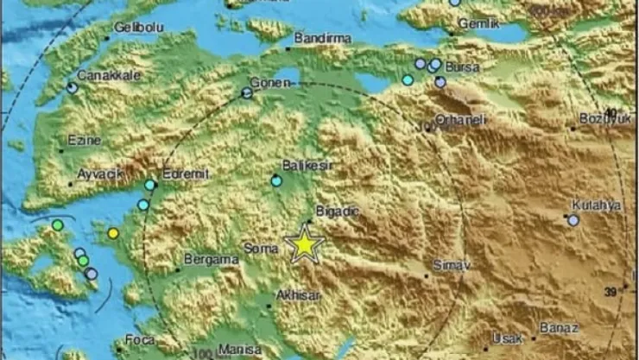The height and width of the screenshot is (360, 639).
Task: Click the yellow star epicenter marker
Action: tap(305, 244)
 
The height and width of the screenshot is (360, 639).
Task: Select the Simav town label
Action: tap(449, 267)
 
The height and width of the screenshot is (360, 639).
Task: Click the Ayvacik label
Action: tap(96, 173)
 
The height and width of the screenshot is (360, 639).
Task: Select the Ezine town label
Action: tap(85, 139)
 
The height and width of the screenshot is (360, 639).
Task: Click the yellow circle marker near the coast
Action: tap(113, 233)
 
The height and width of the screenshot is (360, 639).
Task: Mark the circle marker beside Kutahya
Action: tap(573, 221)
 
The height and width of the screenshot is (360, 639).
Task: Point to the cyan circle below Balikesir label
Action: tap(276, 180)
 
